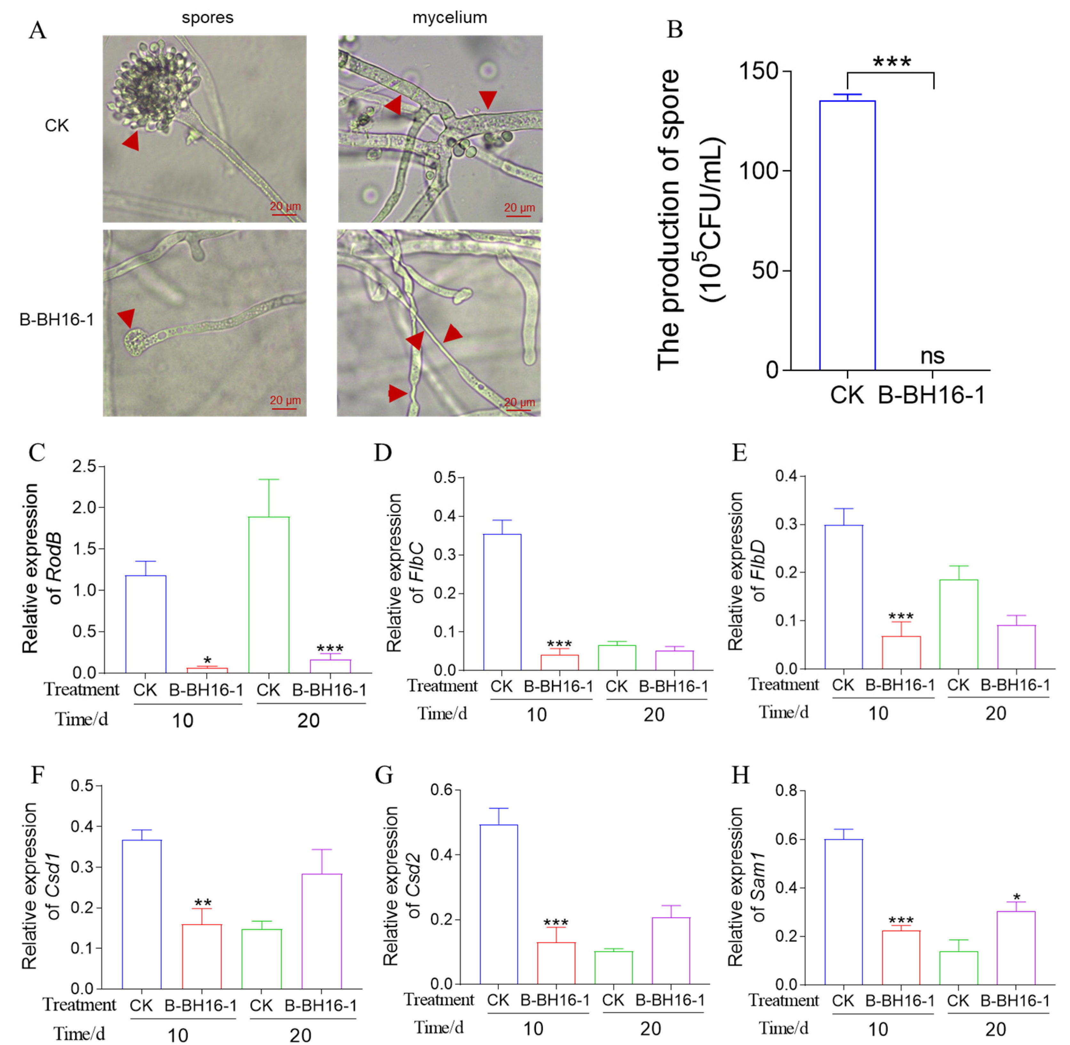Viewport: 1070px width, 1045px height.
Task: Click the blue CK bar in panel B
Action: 847,236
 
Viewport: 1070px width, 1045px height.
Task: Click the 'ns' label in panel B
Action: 932,356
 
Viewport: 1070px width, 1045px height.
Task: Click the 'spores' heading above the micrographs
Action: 208,18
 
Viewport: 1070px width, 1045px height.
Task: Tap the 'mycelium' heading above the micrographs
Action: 450,18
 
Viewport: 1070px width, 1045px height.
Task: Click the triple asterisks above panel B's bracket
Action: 891,61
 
